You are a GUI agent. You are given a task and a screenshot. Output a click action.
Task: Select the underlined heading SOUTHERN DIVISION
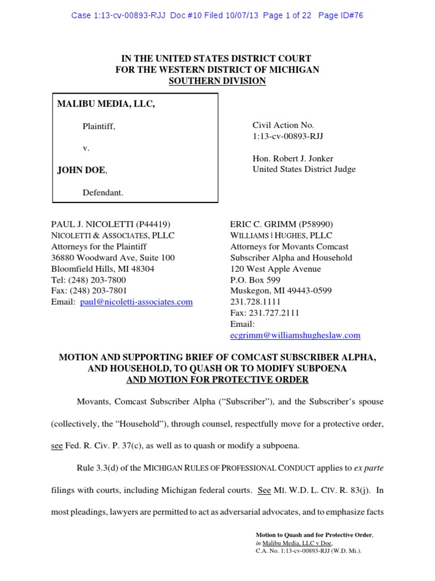coord(217,81)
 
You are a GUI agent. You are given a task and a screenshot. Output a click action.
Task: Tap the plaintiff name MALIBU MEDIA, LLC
coord(106,104)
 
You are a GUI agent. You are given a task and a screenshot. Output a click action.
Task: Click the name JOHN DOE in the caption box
coord(81,170)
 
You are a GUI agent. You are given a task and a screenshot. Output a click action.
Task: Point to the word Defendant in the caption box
coord(103,192)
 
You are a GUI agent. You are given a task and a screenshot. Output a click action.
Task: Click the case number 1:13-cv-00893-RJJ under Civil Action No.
coord(288,136)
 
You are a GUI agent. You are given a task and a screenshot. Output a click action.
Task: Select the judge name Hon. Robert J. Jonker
coord(293,158)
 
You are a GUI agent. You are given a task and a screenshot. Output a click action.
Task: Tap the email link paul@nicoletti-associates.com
coord(136,302)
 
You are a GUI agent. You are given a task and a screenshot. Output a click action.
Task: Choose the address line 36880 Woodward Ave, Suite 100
coord(113,258)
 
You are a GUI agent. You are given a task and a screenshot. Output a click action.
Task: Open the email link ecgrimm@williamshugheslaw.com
coord(295,335)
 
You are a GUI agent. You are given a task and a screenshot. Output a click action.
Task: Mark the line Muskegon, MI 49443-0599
coord(281,290)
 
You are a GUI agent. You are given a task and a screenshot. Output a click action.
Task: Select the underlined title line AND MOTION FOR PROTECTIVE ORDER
coord(218,379)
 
